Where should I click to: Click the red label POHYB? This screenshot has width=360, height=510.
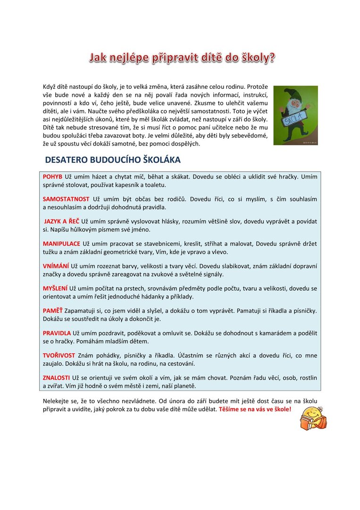52,177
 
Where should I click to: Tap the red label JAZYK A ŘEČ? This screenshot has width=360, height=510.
62,221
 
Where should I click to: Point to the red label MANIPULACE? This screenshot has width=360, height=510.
61,243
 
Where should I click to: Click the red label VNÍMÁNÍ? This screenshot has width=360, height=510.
56,265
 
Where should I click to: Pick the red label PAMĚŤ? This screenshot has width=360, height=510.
52,310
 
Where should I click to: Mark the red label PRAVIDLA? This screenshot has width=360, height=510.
57,333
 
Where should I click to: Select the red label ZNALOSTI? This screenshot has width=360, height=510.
56,378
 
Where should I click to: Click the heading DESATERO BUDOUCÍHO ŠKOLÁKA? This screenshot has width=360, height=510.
113,160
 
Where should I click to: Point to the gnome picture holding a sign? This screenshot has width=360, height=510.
295,115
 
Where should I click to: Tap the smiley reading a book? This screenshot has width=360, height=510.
313,417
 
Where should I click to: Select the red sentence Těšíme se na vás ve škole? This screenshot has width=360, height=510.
255,409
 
